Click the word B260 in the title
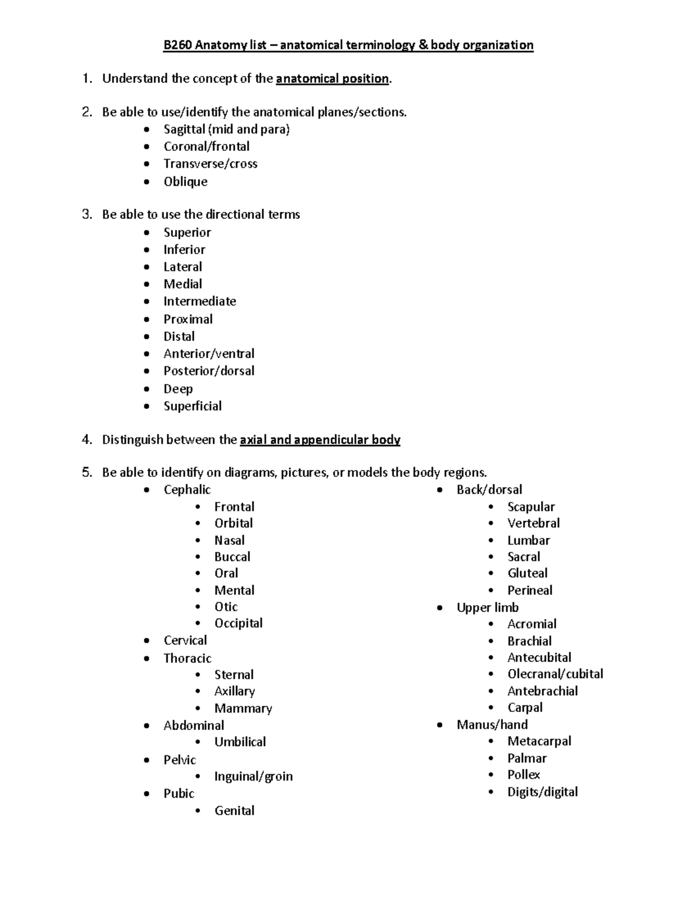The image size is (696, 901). point(177,45)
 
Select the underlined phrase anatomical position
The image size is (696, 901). point(332,79)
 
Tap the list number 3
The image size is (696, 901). point(87,215)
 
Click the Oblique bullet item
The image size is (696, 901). point(185,182)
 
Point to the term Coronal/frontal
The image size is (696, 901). point(206,147)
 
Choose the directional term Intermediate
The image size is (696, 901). point(200,302)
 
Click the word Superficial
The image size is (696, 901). point(193,406)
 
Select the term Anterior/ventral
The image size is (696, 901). point(209,354)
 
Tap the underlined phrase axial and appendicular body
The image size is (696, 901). point(320,440)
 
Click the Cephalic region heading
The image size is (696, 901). point(187,490)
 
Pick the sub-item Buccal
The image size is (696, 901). point(232,557)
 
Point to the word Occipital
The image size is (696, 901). point(238,623)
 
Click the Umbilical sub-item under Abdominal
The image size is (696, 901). point(240,742)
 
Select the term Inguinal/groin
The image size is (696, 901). point(253,776)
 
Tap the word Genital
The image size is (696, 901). point(234,810)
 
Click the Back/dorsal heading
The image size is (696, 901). point(489,490)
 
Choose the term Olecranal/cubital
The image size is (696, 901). point(555,674)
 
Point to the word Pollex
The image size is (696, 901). point(523,775)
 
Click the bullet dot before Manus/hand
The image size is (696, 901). point(440,725)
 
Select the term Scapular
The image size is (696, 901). point(531,507)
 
